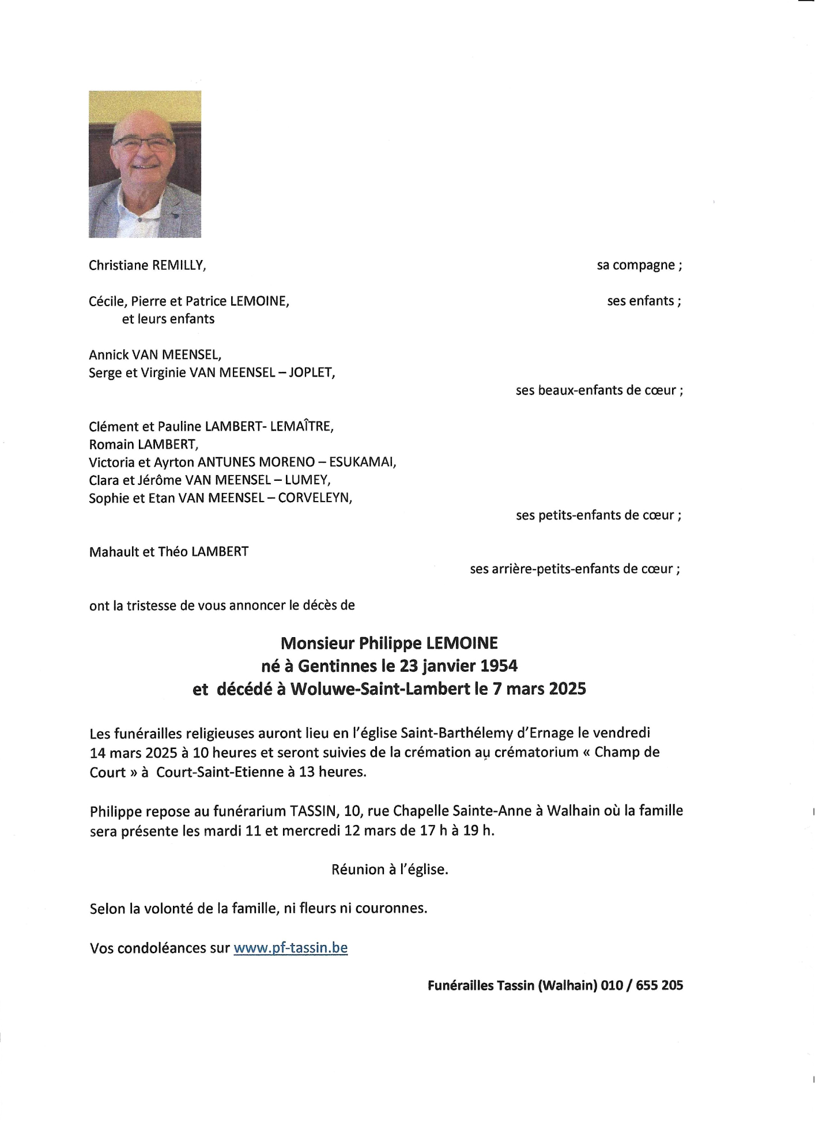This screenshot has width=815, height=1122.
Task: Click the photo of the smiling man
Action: coord(145,164)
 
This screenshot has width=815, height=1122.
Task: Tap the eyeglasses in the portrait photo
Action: coord(143,144)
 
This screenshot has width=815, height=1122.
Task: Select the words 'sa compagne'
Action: coord(636,265)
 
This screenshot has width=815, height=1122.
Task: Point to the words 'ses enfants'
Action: coord(640,301)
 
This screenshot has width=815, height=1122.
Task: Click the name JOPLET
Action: coord(311,372)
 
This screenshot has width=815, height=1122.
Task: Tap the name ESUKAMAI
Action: coord(362,462)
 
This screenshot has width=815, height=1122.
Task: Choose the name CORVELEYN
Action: coord(315,498)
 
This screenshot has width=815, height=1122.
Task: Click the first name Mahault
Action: coord(114,552)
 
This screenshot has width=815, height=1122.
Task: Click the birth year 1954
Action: coord(499,666)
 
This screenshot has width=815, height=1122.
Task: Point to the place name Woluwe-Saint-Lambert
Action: coord(380,689)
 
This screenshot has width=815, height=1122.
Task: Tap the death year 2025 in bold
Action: coord(567,689)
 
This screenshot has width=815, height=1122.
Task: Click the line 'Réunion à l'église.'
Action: coord(390,869)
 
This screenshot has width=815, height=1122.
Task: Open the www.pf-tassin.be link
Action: coord(290,948)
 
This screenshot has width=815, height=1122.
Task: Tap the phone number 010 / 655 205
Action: coord(642,985)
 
